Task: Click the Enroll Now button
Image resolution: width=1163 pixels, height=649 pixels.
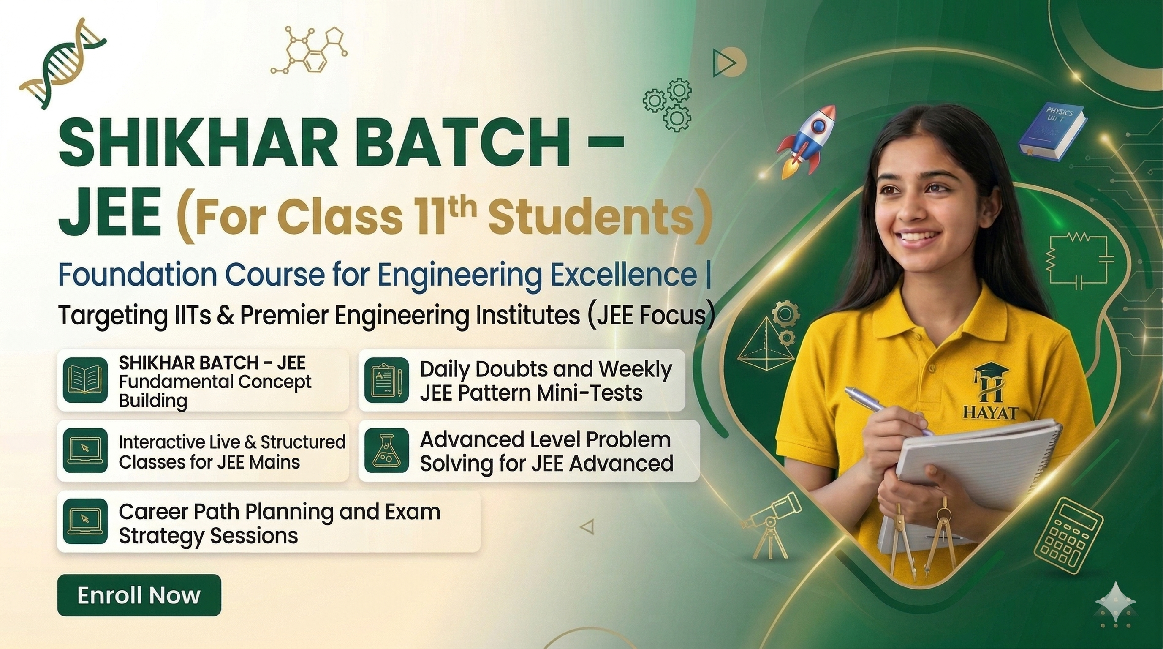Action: tap(139, 595)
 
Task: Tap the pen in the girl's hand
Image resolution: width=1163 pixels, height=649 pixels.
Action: tap(885, 408)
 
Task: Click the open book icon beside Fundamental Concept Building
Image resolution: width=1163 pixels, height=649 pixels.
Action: tap(85, 380)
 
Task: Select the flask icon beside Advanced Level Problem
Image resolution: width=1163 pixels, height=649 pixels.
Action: tap(386, 450)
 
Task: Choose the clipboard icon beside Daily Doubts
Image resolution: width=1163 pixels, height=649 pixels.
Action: tap(386, 380)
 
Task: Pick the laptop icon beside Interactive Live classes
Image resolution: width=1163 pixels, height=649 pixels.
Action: tap(85, 450)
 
